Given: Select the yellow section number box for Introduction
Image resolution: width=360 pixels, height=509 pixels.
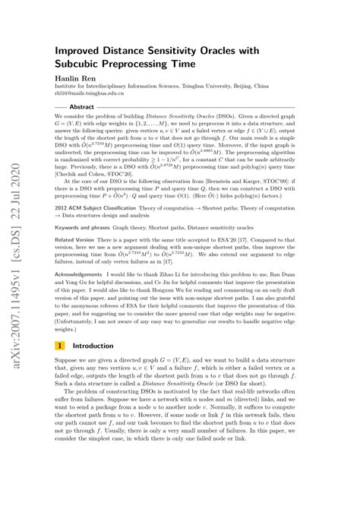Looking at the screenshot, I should coord(59,365).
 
